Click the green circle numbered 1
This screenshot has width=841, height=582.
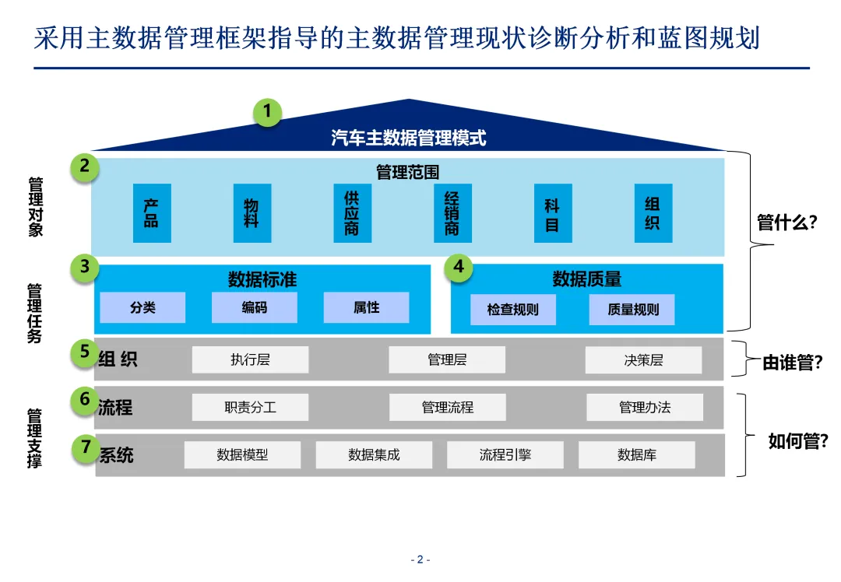coord(268,111)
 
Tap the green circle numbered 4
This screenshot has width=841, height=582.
coord(459,267)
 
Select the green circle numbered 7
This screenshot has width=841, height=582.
coord(85,447)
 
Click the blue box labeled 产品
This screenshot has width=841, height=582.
coord(152,212)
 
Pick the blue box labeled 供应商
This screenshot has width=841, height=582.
coord(352,212)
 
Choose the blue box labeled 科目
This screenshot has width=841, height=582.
coord(553,212)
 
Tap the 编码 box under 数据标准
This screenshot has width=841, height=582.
coord(254,307)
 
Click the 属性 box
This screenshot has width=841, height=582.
coord(366,307)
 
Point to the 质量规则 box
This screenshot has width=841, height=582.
coord(632,309)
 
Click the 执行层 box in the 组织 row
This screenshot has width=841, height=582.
coord(250,359)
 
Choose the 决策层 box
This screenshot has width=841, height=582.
coord(643,359)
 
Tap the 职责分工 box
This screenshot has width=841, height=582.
coord(250,407)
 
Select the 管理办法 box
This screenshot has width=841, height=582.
coord(645,407)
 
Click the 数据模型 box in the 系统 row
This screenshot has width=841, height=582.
coord(242,454)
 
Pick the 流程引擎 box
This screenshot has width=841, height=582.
coord(505,454)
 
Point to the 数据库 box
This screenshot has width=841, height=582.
coord(636,454)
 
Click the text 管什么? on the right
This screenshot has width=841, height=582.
coord(786,223)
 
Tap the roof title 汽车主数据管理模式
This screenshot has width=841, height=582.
coord(408,138)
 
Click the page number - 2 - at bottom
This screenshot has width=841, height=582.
coord(420,559)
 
